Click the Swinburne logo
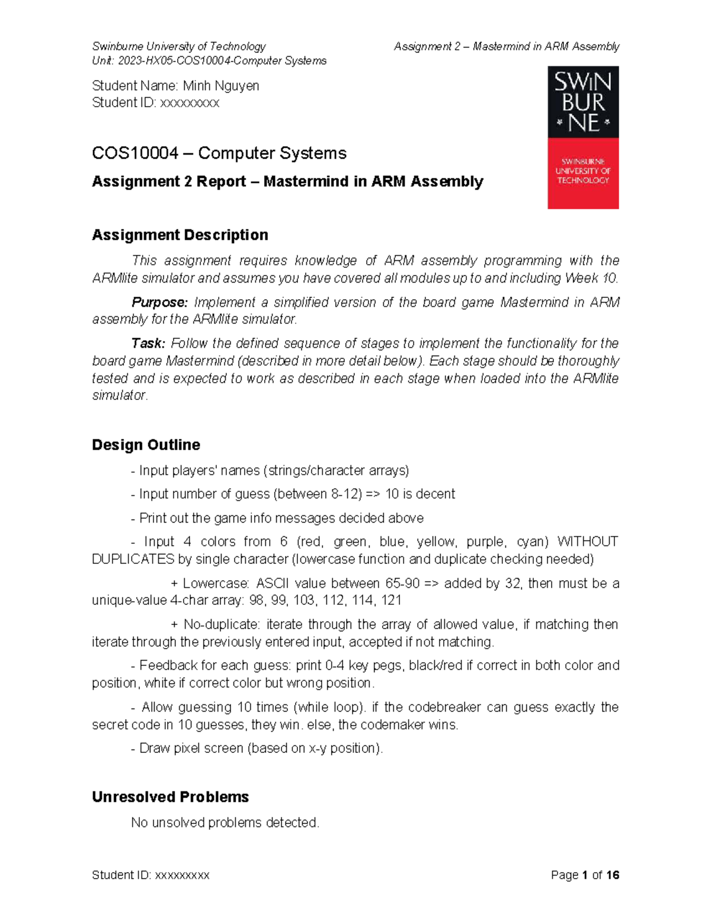pos(583,137)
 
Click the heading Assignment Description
pos(180,235)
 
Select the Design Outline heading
pos(146,444)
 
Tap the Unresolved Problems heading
pos(170,797)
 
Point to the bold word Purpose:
pos(159,302)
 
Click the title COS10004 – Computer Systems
pos(219,153)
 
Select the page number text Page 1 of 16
pos(584,875)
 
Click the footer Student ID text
pos(150,875)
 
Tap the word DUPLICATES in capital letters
pos(133,559)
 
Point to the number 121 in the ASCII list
pos(391,600)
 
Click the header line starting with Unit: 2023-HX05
pos(209,60)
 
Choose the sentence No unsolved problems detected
pos(225,822)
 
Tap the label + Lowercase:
pos(210,583)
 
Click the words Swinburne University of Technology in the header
pos(178,46)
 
